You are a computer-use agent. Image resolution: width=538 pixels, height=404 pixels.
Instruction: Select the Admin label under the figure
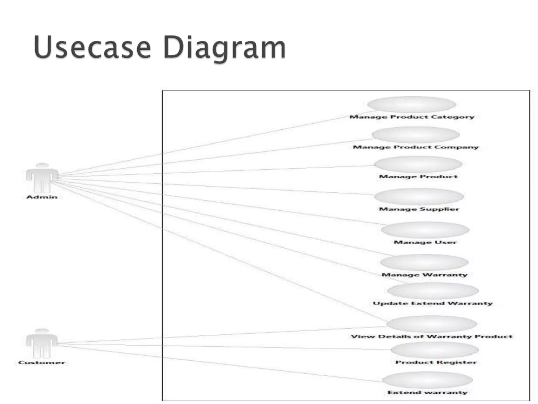tap(42, 197)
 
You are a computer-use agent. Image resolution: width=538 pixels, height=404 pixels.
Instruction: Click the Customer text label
tap(42, 362)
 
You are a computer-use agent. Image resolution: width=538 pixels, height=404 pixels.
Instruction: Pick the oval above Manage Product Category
tap(411, 104)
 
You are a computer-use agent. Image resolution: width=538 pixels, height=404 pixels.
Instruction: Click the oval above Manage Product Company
tap(416, 135)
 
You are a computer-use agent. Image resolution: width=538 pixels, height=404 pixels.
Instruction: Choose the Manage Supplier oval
tap(419, 196)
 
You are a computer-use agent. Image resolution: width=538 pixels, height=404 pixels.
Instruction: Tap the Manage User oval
tap(425, 230)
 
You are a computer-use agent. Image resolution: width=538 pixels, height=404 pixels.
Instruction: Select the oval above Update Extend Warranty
tap(433, 291)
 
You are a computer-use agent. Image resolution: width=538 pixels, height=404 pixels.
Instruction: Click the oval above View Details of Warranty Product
tap(432, 324)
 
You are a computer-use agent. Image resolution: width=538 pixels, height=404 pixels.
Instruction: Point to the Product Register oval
tap(434, 350)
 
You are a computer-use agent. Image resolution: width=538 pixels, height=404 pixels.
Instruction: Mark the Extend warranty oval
tap(427, 380)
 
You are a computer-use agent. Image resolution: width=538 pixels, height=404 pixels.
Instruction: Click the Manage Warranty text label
tap(425, 275)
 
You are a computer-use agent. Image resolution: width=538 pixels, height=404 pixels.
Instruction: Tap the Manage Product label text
tap(418, 176)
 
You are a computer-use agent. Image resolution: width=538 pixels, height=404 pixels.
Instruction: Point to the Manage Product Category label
tap(412, 117)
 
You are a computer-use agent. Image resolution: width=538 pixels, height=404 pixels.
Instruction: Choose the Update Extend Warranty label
tap(433, 303)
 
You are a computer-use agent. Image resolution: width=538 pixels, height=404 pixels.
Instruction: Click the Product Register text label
tap(436, 362)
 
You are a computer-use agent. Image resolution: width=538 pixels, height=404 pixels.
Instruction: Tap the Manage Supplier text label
tap(419, 209)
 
